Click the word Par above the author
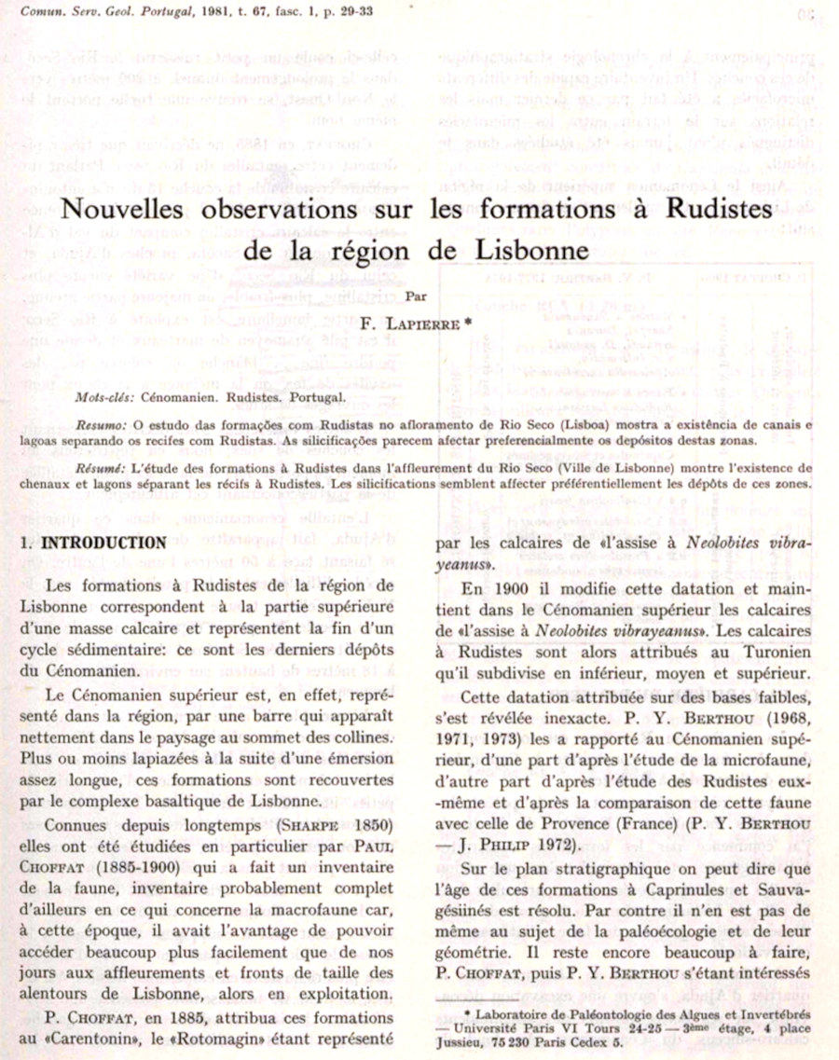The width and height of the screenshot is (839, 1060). pos(415,297)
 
